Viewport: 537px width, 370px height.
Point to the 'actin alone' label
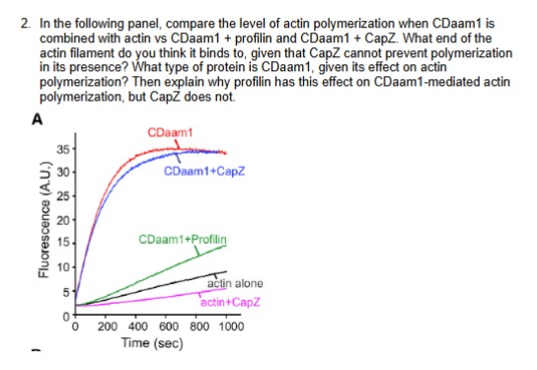click(x=234, y=284)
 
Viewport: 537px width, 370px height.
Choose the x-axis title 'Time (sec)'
click(x=150, y=342)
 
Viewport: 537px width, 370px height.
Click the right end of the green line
click(x=226, y=247)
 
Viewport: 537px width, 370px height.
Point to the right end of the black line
click(x=226, y=272)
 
